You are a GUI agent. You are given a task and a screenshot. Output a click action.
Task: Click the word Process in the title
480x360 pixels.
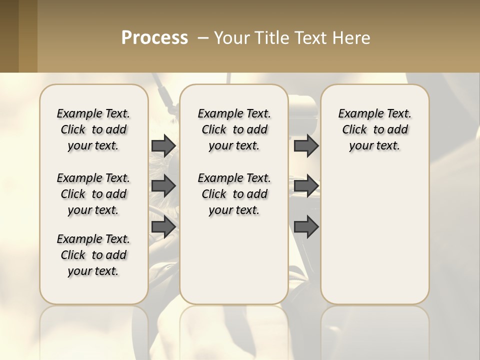point(154,38)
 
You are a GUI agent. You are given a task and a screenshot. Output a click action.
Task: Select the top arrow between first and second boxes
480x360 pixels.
point(163,145)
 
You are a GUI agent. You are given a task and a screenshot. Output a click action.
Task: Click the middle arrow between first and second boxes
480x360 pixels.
point(163,186)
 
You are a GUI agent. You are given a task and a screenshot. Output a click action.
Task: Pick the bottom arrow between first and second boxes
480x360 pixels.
point(163,226)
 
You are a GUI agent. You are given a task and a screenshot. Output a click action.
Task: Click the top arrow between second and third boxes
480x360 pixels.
point(306,145)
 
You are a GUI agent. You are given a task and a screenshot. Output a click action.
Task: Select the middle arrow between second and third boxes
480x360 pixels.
point(306,186)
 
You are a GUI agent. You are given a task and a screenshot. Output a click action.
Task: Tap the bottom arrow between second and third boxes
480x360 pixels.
point(306,226)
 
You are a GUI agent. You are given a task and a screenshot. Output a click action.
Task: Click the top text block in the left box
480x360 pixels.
point(93,129)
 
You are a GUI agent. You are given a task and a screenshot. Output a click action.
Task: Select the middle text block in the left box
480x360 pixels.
point(93,194)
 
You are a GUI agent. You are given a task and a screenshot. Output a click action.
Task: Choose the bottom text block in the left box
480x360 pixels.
point(93,255)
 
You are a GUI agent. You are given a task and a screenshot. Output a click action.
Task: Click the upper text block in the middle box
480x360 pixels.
point(234,129)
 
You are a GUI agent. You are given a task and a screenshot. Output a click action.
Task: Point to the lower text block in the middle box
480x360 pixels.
point(234,194)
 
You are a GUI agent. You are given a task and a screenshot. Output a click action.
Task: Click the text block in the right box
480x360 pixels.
point(374,129)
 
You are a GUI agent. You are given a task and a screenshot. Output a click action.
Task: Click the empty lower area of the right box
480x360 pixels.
point(374,235)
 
